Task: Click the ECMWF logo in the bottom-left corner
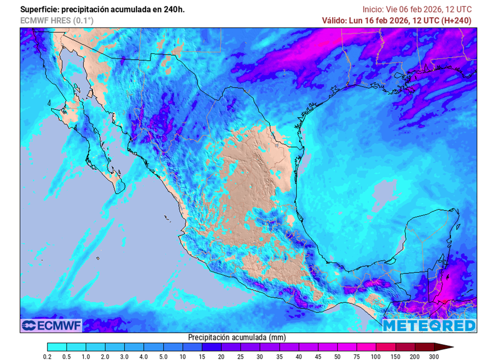(51, 325)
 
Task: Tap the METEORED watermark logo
(429, 325)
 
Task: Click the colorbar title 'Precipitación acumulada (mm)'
(237, 337)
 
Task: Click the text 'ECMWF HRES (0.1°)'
(57, 20)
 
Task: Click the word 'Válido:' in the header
(334, 20)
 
